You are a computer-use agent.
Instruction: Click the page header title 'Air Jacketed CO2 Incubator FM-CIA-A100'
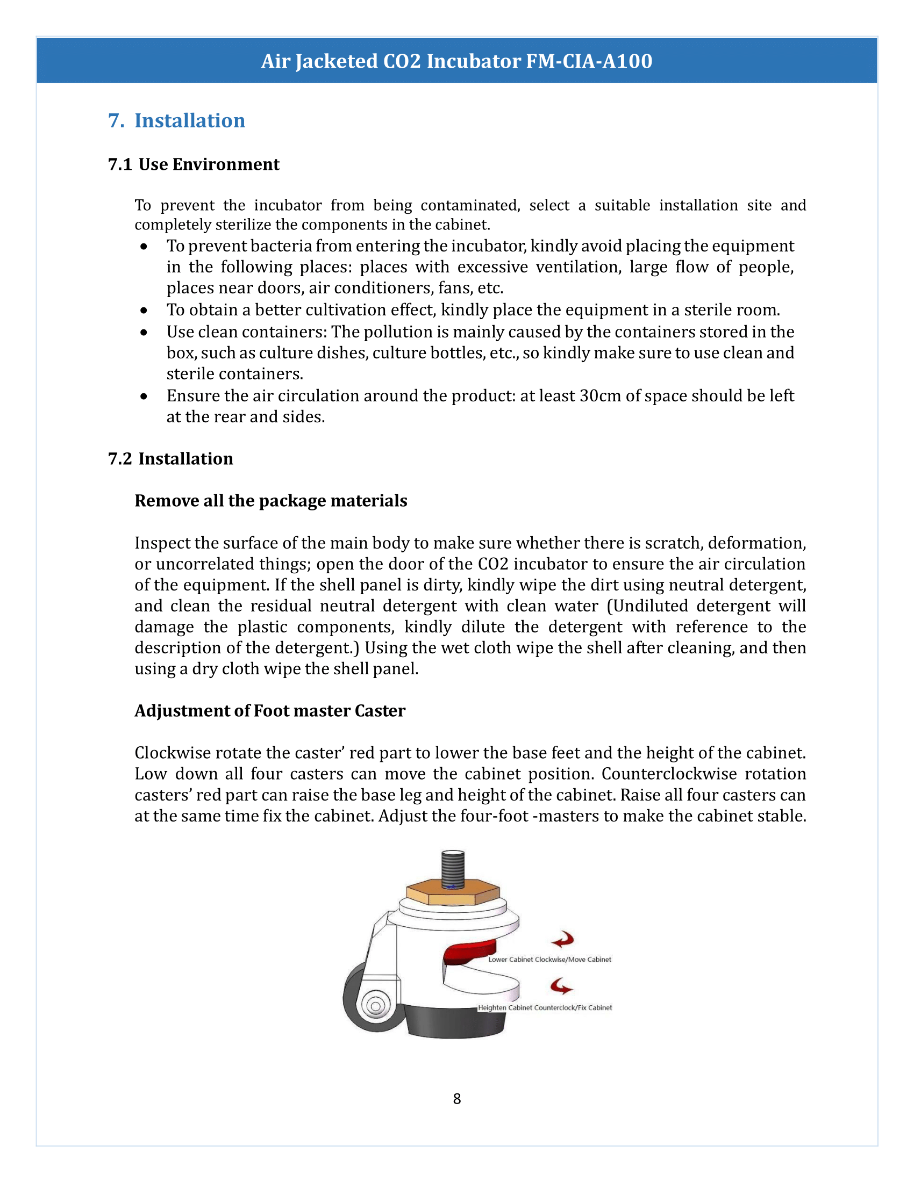[456, 61]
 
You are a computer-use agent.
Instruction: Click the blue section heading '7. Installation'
[176, 120]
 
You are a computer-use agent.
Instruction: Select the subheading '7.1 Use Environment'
[194, 164]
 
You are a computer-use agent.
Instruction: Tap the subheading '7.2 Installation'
[170, 458]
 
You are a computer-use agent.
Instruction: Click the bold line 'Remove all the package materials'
[271, 501]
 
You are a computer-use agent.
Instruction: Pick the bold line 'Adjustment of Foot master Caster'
[270, 711]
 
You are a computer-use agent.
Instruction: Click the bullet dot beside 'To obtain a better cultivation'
[144, 310]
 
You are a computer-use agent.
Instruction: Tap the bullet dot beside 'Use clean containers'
[144, 332]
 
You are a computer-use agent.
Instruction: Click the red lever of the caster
[470, 951]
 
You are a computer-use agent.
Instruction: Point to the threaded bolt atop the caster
[453, 869]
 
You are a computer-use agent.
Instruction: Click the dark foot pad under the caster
[455, 1023]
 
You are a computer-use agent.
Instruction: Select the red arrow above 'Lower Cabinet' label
[563, 940]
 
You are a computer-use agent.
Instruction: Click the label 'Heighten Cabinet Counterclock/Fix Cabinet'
[545, 1008]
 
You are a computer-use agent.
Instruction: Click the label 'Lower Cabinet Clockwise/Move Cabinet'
[549, 960]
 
